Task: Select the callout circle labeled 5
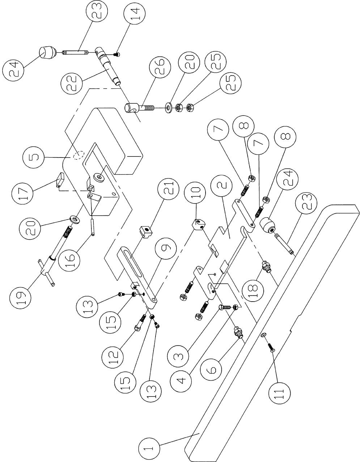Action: click(x=31, y=158)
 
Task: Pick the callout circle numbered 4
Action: click(x=182, y=380)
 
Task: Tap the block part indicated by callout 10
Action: click(x=198, y=225)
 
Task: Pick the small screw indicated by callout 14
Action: click(x=117, y=54)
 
